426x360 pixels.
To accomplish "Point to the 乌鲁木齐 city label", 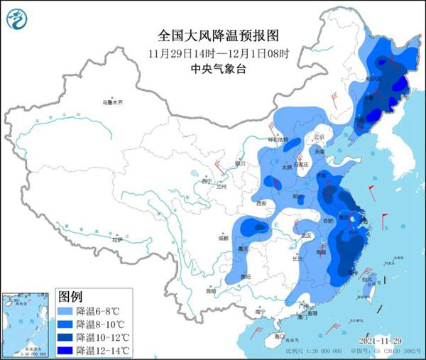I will tap(111, 103).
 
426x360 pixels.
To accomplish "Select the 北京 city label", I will tap(319, 136).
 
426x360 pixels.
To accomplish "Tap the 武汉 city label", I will tap(307, 235).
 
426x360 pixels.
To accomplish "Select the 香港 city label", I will tap(313, 312).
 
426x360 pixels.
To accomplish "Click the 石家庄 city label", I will tap(304, 164).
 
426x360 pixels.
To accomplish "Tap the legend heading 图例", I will tap(69, 294).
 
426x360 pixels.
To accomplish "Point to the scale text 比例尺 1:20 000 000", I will tap(307, 352).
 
